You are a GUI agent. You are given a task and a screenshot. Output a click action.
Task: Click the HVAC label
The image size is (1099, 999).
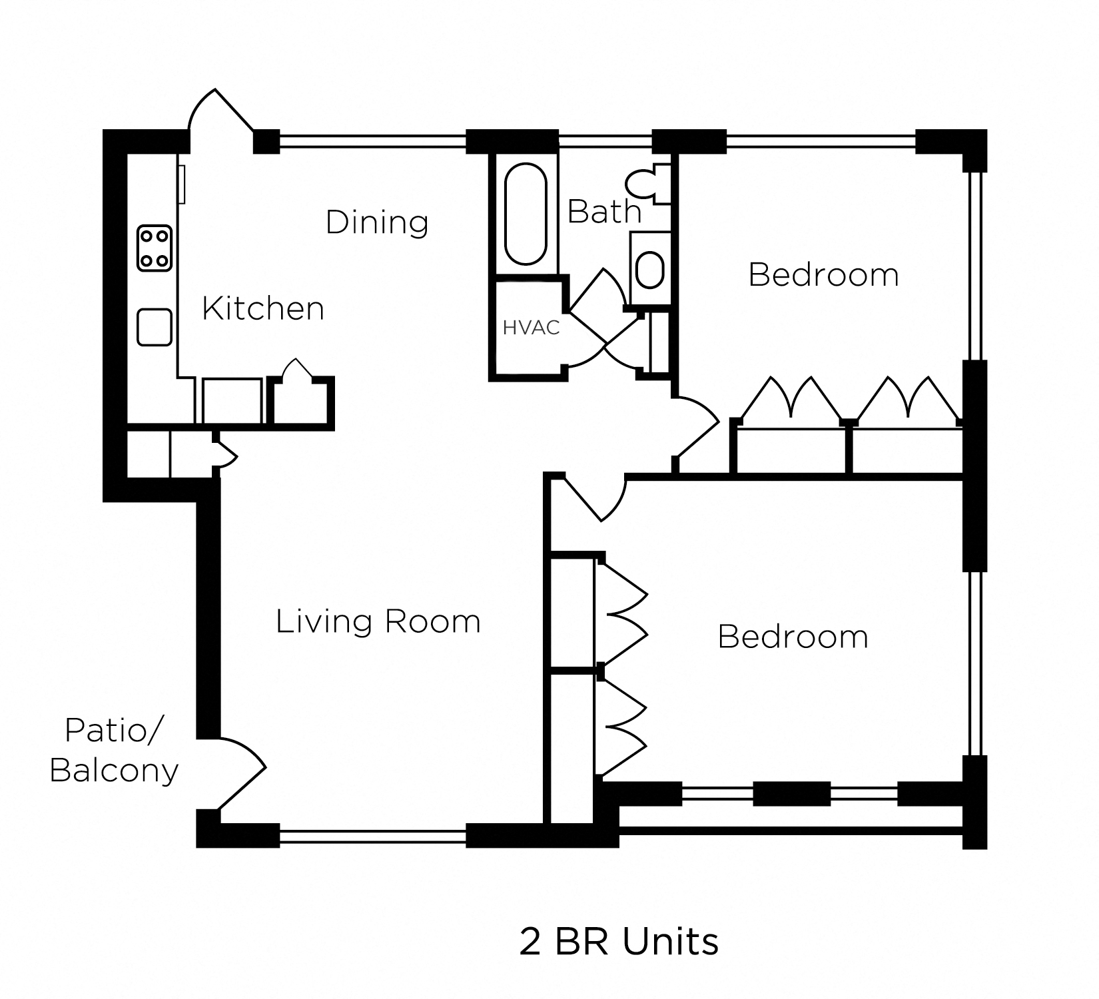click(531, 328)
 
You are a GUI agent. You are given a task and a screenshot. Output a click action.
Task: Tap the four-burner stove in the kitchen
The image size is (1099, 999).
click(155, 248)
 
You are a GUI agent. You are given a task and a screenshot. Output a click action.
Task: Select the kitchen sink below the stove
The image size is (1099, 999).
click(155, 327)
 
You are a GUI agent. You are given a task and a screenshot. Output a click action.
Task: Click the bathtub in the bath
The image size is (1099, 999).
click(526, 215)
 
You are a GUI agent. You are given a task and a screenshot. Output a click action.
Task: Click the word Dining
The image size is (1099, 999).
click(377, 222)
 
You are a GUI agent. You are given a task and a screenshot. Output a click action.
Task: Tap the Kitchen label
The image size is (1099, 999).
click(263, 308)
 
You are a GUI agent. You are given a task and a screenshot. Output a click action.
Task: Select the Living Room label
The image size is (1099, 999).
click(378, 621)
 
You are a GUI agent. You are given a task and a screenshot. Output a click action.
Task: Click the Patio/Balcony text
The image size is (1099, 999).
click(114, 751)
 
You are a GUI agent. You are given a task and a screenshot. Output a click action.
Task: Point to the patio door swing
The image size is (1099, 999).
click(240, 773)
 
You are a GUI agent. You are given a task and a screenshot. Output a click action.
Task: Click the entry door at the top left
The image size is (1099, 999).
click(220, 113)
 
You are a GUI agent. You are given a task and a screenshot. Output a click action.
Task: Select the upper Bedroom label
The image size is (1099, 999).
click(823, 274)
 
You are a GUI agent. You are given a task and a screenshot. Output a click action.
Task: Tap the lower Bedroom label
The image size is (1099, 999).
click(793, 637)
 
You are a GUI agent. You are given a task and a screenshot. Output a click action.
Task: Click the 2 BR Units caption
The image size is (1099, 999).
click(619, 942)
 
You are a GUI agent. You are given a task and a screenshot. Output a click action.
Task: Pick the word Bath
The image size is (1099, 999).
click(604, 212)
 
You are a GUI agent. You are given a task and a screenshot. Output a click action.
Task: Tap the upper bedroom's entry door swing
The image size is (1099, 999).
click(696, 426)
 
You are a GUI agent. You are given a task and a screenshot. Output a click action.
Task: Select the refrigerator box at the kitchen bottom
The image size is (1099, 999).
click(232, 401)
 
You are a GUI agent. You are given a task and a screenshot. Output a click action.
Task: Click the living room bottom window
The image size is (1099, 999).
click(372, 836)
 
